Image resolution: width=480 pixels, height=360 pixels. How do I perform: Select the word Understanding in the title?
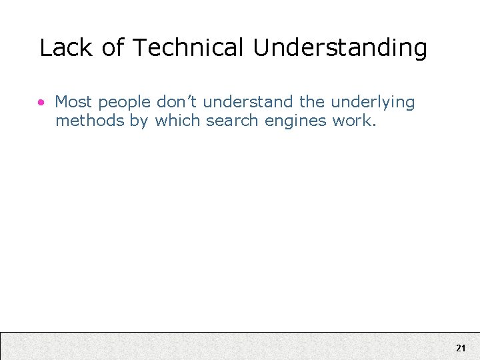coord(340,49)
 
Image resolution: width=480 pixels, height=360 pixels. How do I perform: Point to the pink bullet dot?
coord(42,103)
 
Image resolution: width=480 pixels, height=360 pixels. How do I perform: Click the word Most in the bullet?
coord(73,102)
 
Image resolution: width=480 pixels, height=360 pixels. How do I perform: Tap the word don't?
coord(178,102)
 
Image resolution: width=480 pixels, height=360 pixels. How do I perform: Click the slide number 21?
coord(461,348)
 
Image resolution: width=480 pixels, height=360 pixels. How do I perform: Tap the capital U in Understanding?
coord(261,48)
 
